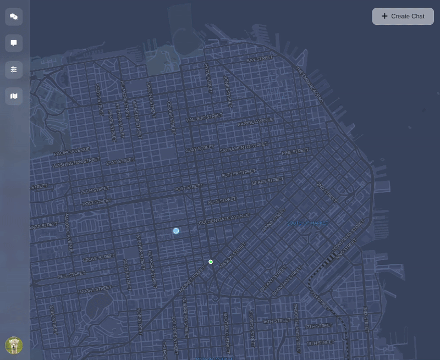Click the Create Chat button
click(x=403, y=16)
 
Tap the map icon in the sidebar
click(x=14, y=96)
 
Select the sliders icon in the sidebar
click(x=14, y=69)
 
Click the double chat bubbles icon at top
click(x=14, y=16)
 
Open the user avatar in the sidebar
click(x=14, y=345)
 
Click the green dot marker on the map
click(x=211, y=262)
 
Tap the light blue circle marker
click(x=176, y=231)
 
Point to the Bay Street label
click(x=260, y=59)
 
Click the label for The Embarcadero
click(x=309, y=85)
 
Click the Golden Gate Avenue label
click(x=224, y=218)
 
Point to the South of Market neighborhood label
click(x=307, y=223)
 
